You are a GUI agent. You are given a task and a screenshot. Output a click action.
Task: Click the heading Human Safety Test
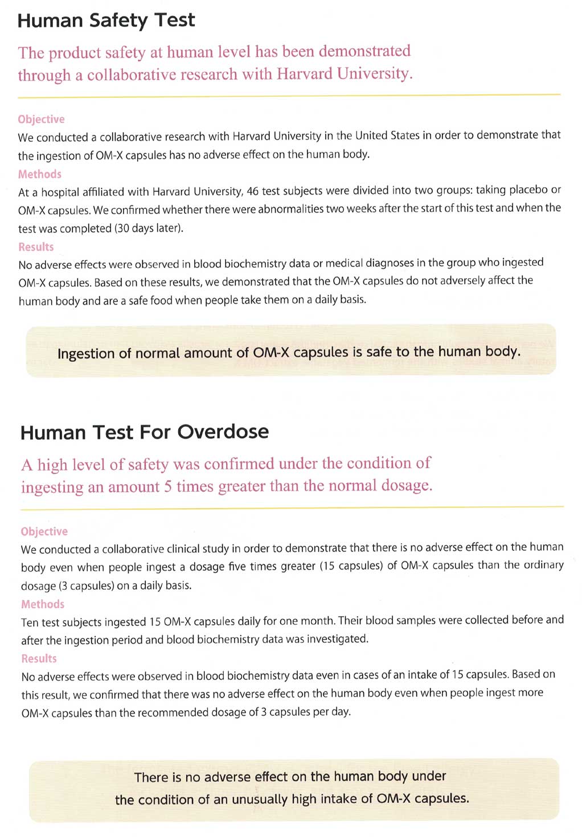click(x=106, y=21)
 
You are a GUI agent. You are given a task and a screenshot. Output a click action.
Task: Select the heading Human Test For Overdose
click(x=144, y=432)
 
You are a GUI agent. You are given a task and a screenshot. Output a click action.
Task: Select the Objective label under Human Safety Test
click(x=41, y=119)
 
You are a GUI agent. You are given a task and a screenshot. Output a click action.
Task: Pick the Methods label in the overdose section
click(x=43, y=604)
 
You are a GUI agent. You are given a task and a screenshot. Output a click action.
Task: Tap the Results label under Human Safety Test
click(x=36, y=247)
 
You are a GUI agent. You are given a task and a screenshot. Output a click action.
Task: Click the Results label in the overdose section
click(x=39, y=658)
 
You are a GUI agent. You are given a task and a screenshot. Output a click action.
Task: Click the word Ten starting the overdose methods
click(x=30, y=622)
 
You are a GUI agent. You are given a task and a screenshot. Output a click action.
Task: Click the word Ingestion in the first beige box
click(x=85, y=354)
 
